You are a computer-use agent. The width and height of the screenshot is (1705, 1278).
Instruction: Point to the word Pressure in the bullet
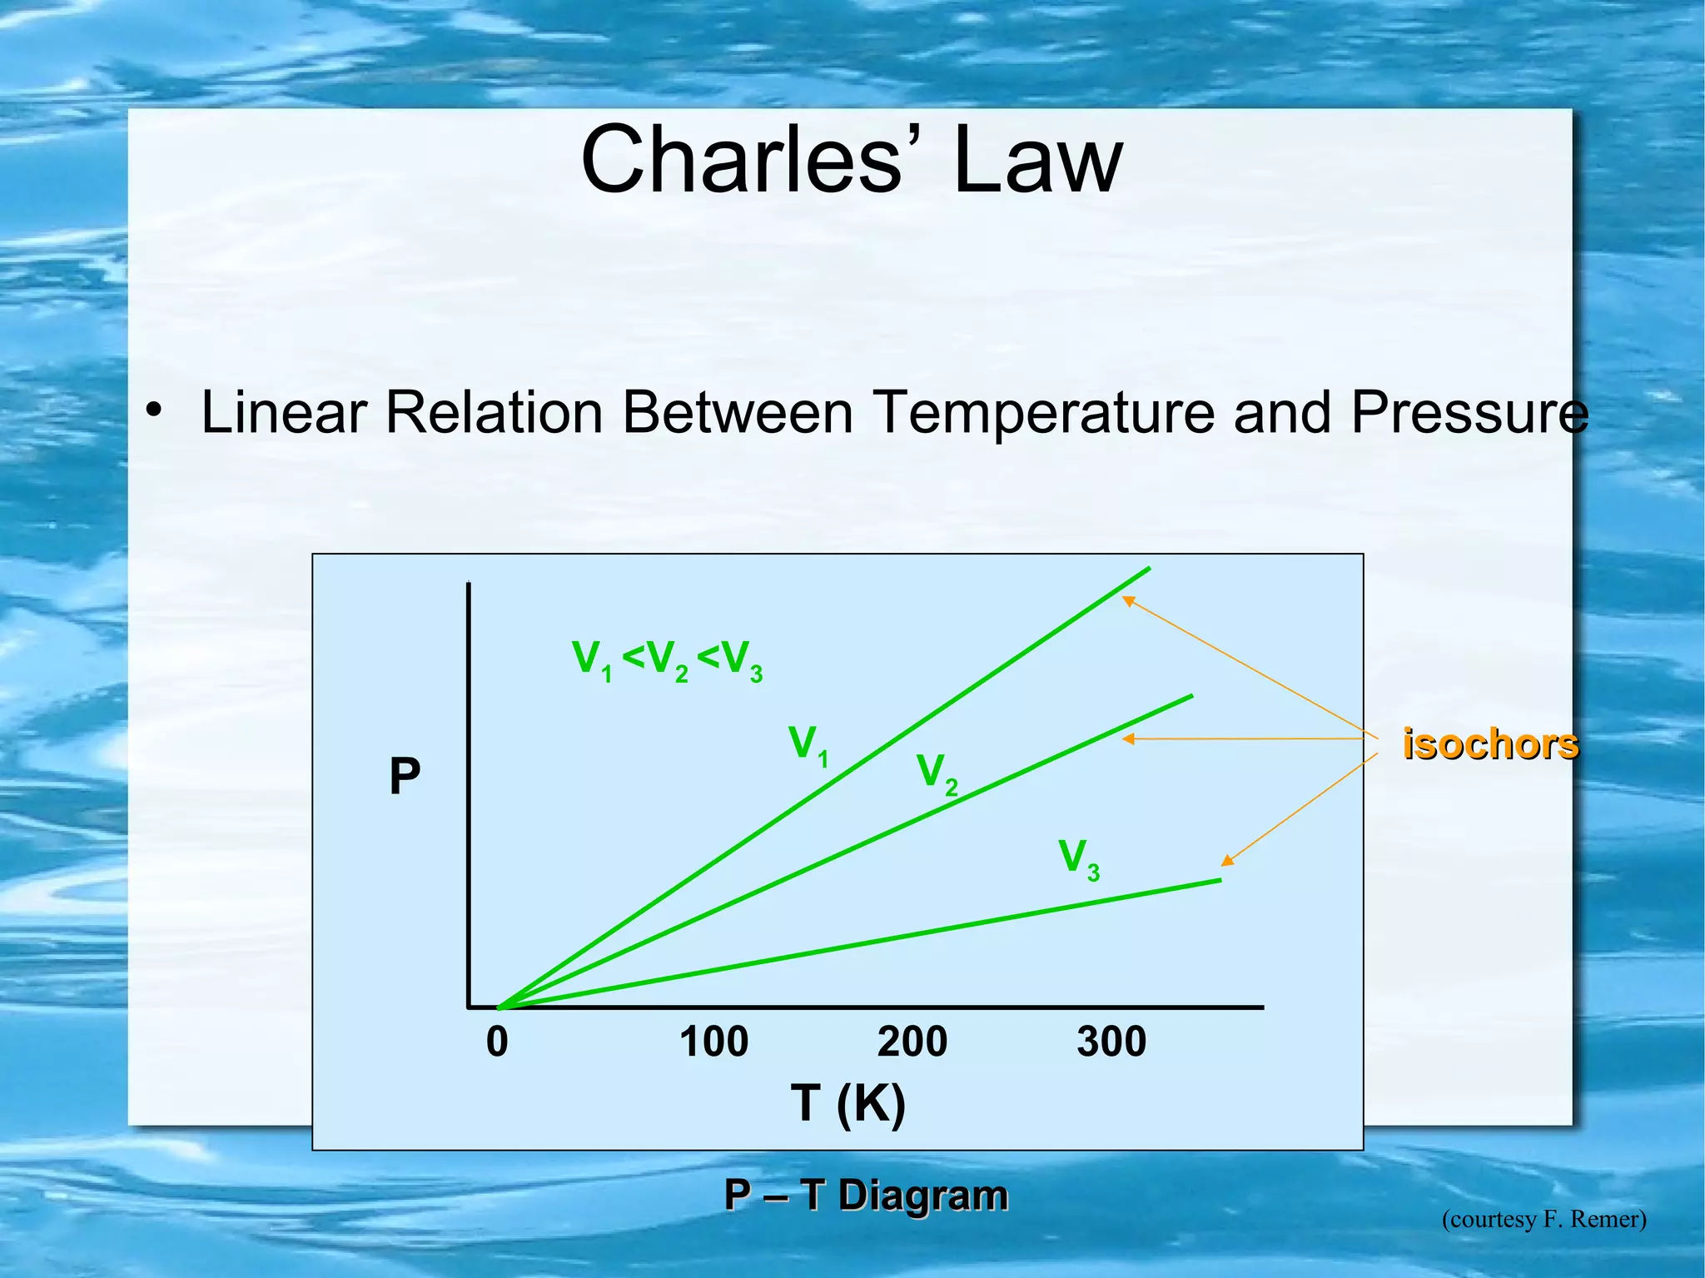click(x=1469, y=412)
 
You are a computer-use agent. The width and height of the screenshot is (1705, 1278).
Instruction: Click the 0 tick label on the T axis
click(x=497, y=1042)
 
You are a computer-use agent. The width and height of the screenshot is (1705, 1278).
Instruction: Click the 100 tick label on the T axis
click(x=713, y=1042)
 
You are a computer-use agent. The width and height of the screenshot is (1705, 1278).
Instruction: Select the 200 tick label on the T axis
click(x=912, y=1042)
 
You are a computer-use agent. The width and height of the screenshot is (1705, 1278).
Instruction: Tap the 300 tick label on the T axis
click(x=1111, y=1042)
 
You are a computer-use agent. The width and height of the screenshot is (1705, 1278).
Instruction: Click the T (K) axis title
click(x=848, y=1103)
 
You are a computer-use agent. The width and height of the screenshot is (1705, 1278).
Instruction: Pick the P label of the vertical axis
click(x=405, y=777)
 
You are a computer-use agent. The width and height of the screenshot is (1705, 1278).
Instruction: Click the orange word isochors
click(x=1489, y=743)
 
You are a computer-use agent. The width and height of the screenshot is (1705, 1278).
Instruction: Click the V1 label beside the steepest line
click(x=808, y=744)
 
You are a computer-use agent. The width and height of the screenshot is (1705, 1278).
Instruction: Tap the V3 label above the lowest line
click(x=1078, y=858)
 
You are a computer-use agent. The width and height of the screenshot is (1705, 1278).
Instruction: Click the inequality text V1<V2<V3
click(x=667, y=660)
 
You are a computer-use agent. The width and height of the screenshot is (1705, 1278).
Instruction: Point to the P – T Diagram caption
click(x=865, y=1195)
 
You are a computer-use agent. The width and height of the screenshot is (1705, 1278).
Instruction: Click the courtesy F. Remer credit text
click(x=1543, y=1219)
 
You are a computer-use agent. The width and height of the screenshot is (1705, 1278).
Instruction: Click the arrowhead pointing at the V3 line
click(x=1227, y=861)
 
